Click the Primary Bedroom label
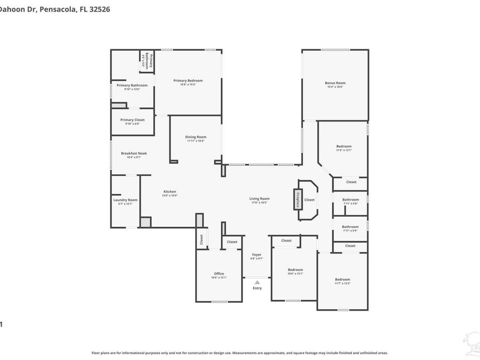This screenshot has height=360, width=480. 188,81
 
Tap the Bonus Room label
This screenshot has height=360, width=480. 335,83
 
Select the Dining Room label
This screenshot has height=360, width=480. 196,137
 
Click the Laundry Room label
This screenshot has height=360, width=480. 125,200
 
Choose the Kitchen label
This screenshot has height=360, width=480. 170,192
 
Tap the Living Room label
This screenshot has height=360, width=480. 259,199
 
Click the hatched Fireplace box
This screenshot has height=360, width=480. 297,199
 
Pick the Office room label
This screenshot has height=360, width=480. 219,274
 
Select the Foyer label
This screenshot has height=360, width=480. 257,255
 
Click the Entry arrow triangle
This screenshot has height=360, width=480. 257,282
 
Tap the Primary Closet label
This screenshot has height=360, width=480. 132,120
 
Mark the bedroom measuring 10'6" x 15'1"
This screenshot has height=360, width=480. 295,270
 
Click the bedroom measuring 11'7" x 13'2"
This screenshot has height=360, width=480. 342,280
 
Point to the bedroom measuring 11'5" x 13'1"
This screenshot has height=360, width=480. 344,147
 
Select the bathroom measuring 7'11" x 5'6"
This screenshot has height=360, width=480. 350,200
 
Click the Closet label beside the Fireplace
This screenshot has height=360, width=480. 309,200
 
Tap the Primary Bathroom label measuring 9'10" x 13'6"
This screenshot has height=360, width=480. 132,85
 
